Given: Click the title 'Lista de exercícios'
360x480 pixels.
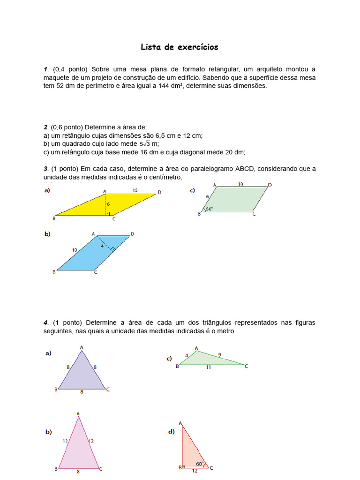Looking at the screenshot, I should point(180,47).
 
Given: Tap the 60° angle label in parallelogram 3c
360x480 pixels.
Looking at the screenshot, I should point(209,209).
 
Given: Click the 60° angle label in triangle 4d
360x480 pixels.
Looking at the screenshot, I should point(200,464).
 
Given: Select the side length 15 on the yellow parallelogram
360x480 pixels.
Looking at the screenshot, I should point(135,190).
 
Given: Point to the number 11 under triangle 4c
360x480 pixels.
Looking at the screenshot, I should point(208,368).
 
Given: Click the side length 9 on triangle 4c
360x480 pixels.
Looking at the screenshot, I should point(220,354).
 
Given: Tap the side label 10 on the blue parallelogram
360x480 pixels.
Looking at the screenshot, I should point(75,250).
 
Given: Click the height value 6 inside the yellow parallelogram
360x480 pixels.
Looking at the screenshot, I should point(108,204).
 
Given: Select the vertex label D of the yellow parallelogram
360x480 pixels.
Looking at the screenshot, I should point(160,192).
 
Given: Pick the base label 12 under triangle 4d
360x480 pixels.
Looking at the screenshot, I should point(195,471).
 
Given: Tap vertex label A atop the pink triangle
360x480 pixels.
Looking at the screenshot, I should point(78,413).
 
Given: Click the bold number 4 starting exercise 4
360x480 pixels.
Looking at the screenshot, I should point(45,322).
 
